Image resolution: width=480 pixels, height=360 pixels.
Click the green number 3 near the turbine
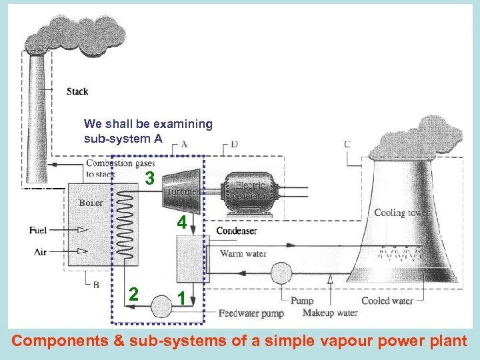pyautogui.click(x=151, y=179)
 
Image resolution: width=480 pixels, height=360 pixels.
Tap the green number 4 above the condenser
pyautogui.click(x=181, y=223)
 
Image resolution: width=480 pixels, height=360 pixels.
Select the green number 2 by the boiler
pyautogui.click(x=134, y=294)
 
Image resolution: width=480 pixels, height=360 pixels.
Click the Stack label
pyautogui.click(x=77, y=91)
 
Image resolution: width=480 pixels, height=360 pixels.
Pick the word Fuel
pyautogui.click(x=38, y=231)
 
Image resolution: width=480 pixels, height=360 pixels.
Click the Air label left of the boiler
pyautogui.click(x=40, y=251)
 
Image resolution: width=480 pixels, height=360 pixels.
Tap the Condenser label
pyautogui.click(x=236, y=231)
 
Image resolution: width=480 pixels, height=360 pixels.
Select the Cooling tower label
pyautogui.click(x=402, y=213)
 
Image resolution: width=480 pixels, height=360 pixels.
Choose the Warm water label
pyautogui.click(x=243, y=253)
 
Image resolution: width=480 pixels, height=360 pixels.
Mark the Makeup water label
pyautogui.click(x=330, y=313)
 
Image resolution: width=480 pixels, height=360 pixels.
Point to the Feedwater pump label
pyautogui.click(x=251, y=313)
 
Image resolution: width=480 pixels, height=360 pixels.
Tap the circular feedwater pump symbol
pyautogui.click(x=161, y=306)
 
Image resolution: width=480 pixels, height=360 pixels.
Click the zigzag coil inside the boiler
pyautogui.click(x=126, y=224)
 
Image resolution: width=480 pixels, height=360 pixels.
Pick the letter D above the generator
pyautogui.click(x=234, y=144)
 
